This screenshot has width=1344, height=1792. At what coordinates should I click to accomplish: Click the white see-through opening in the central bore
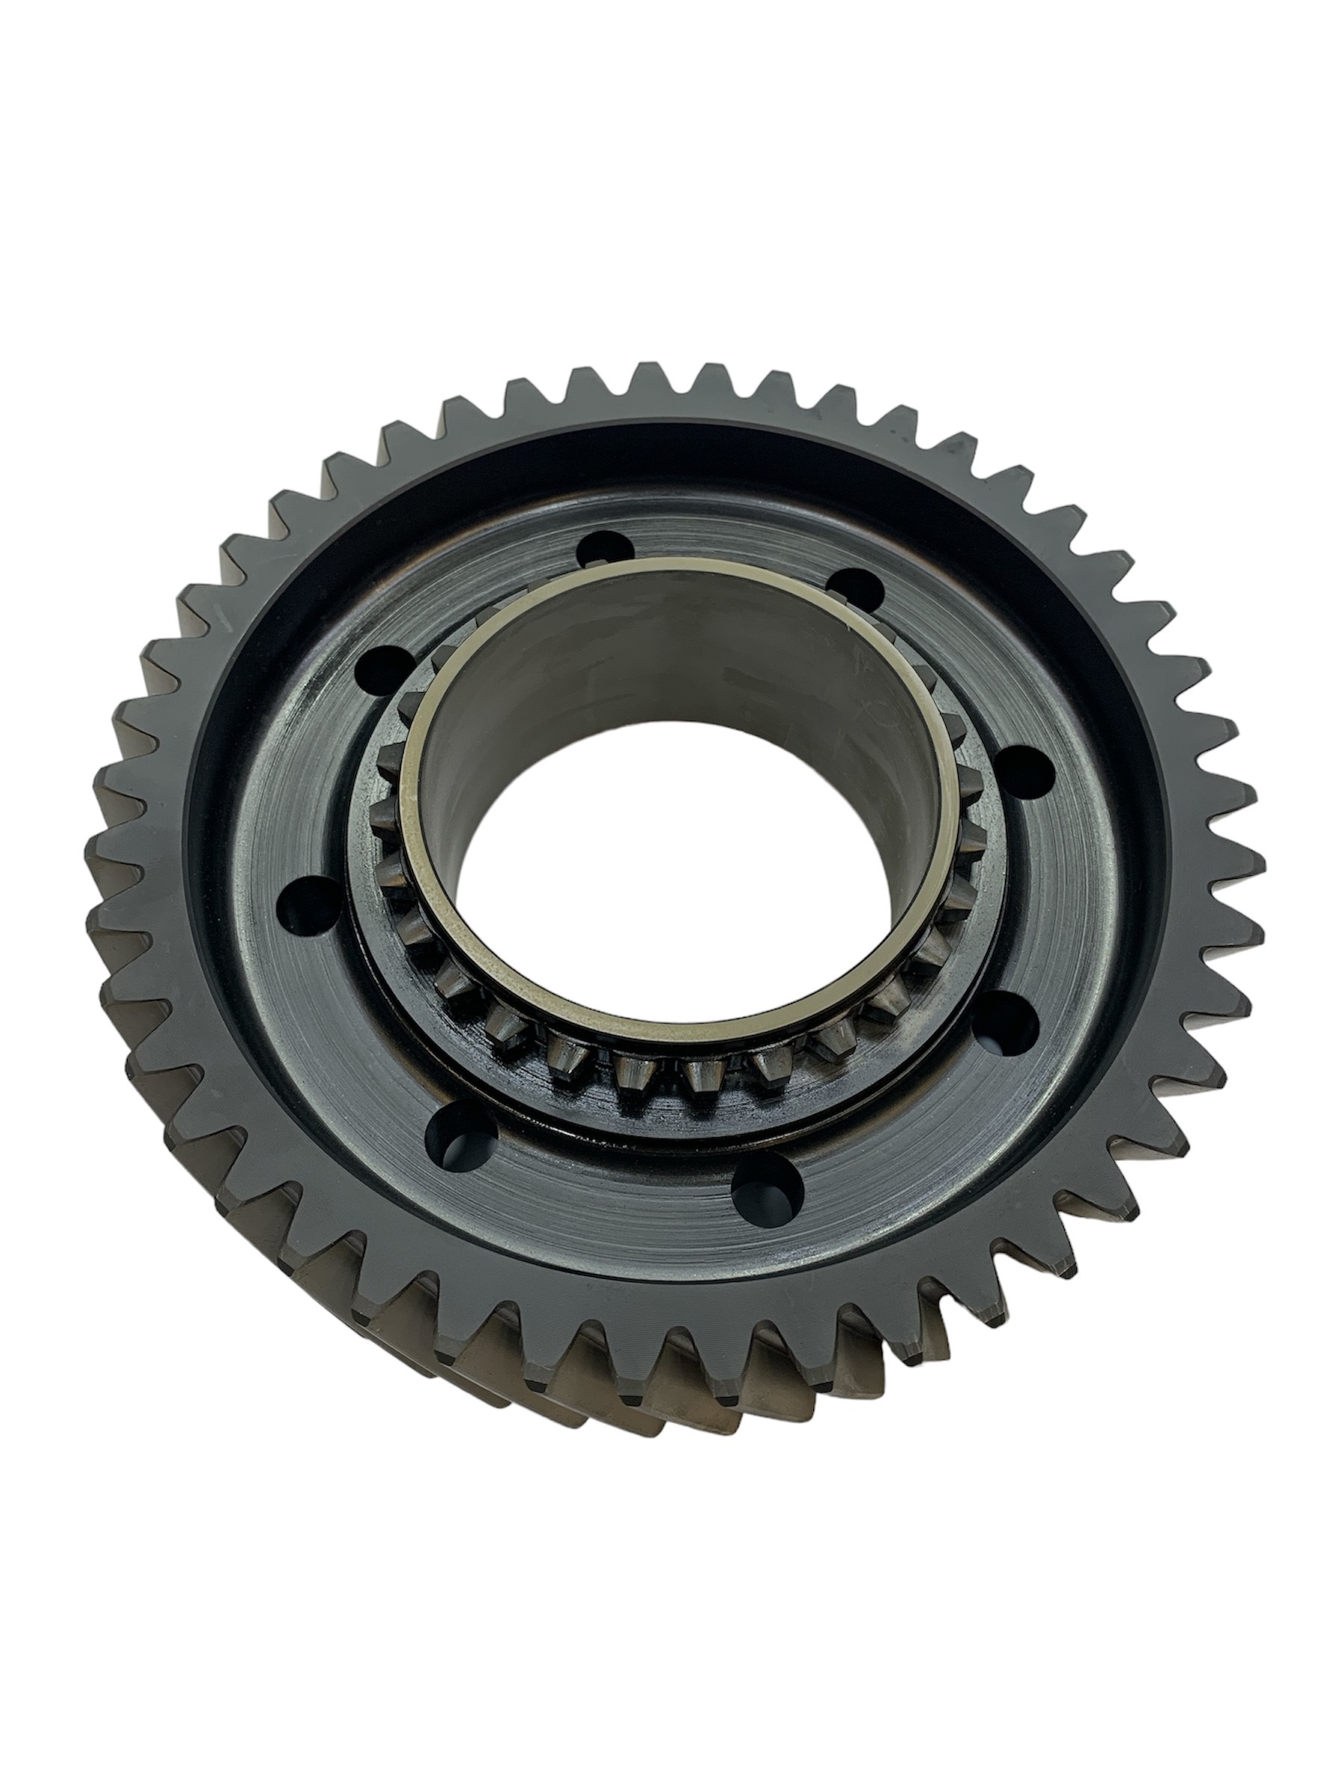coord(665,907)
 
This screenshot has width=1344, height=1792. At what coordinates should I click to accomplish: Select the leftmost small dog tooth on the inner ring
coord(391,762)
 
